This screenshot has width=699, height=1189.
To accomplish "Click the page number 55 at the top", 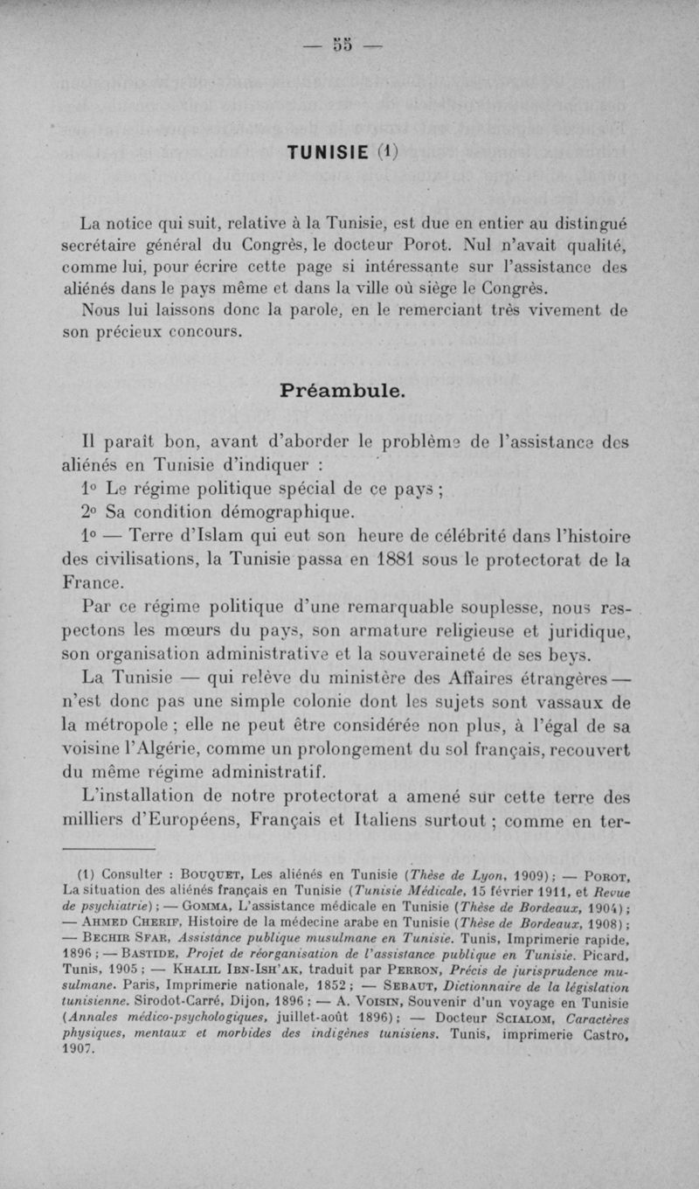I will pyautogui.click(x=349, y=45).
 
